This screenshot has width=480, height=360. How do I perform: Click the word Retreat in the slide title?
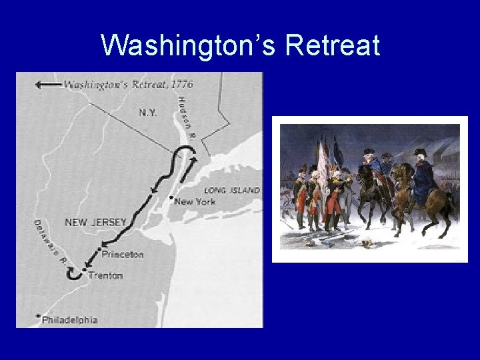(332, 46)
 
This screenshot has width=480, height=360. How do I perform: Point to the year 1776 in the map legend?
(181, 85)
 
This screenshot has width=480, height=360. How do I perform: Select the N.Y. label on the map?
(148, 113)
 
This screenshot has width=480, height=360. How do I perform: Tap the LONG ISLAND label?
(231, 190)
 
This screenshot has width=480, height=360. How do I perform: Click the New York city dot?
(171, 197)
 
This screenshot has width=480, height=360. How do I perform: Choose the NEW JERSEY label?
(95, 222)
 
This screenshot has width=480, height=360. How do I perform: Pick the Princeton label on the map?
(122, 254)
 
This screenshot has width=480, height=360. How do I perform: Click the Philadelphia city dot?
(39, 316)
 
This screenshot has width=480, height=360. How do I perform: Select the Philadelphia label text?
(69, 320)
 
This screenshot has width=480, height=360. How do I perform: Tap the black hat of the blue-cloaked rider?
(419, 153)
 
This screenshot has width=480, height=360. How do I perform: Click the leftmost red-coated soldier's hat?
(303, 169)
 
